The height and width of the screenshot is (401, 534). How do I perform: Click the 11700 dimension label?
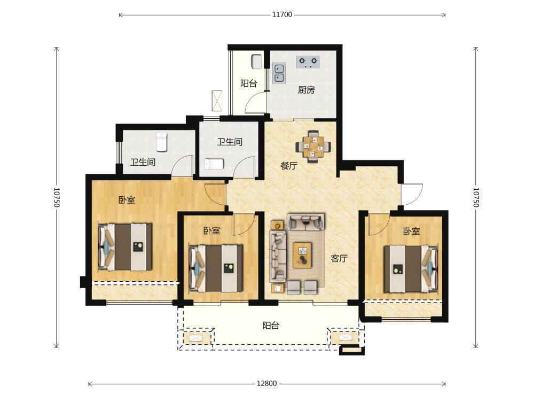(x=282, y=14)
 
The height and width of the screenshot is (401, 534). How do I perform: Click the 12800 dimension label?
(x=266, y=383)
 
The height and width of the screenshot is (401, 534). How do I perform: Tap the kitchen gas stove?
(x=308, y=62)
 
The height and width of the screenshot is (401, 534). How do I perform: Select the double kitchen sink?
(x=279, y=73)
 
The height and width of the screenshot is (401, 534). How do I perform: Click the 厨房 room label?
(x=306, y=90)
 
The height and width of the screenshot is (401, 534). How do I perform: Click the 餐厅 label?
(x=289, y=166)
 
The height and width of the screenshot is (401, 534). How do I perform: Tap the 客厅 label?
(x=339, y=258)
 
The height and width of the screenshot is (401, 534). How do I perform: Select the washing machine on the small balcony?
(x=256, y=62)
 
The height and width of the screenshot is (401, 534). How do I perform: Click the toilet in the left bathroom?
(x=161, y=142)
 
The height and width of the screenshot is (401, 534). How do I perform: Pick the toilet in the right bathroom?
(x=214, y=164)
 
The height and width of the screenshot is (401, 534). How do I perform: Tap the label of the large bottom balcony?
(x=271, y=326)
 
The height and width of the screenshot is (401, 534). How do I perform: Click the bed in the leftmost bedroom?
(x=125, y=247)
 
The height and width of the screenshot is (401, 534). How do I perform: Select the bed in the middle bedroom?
(x=216, y=268)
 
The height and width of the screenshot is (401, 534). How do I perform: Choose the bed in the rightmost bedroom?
(x=411, y=269)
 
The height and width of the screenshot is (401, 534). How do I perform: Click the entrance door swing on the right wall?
(x=412, y=195)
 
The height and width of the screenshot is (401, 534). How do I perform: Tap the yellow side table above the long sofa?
(x=277, y=225)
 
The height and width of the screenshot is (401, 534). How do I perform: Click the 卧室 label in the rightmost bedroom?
(x=411, y=232)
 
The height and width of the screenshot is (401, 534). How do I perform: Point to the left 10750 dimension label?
(x=57, y=197)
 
